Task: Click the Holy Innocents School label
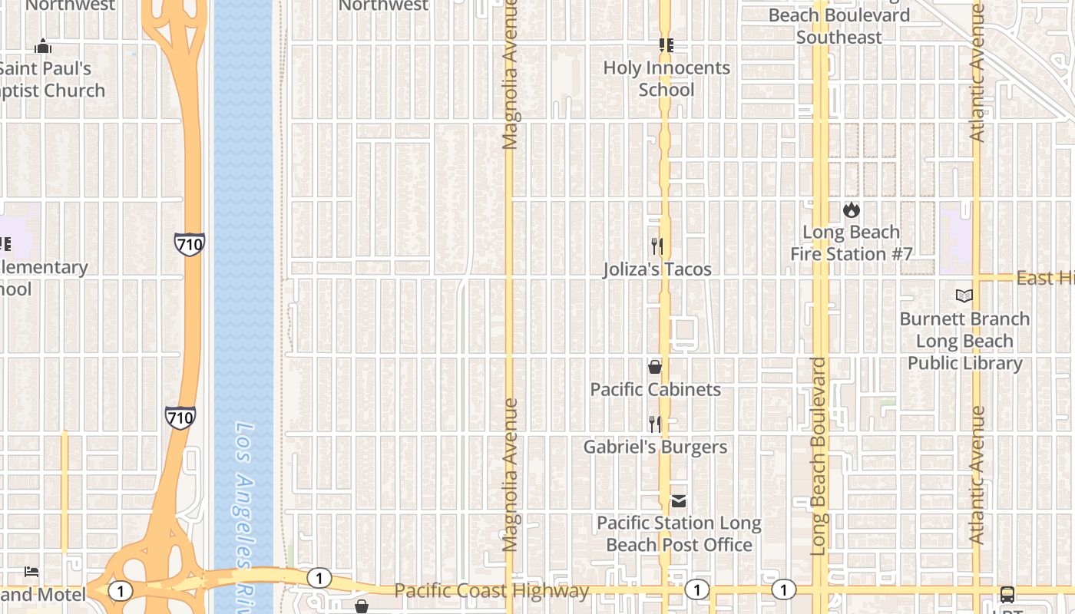(x=666, y=78)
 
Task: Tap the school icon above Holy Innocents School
(x=666, y=46)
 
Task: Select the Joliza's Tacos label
(x=657, y=269)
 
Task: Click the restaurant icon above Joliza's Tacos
(x=657, y=246)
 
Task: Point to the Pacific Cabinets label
(x=655, y=389)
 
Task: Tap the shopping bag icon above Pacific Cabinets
(x=655, y=367)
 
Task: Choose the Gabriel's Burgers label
(x=655, y=447)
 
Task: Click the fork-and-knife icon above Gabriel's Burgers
(x=655, y=424)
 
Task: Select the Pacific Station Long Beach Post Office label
(x=679, y=534)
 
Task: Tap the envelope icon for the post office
(x=679, y=501)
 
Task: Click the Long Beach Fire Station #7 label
(x=851, y=243)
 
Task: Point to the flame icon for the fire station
(x=851, y=210)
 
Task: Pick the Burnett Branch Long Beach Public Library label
(x=964, y=341)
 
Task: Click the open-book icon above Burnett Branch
(x=964, y=295)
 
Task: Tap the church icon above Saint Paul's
(x=43, y=47)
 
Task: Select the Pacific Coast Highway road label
(x=491, y=590)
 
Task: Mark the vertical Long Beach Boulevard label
(x=819, y=457)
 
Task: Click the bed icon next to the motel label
(x=31, y=572)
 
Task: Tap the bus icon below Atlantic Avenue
(x=1007, y=594)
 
